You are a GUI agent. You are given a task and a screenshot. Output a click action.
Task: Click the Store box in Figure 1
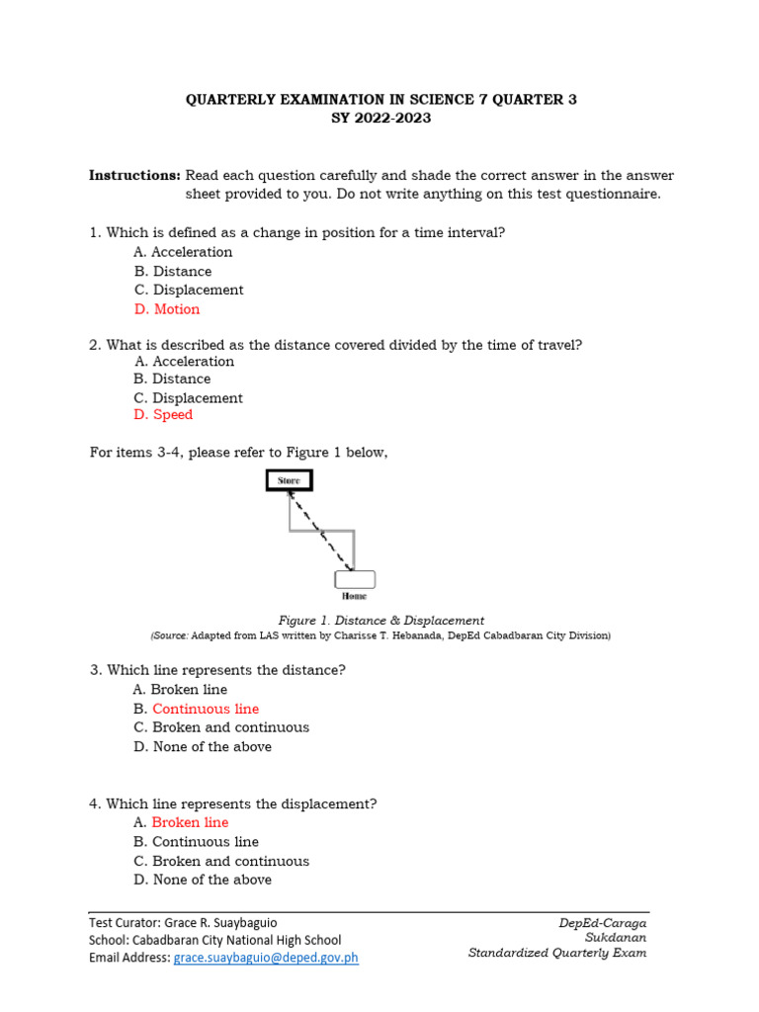point(289,481)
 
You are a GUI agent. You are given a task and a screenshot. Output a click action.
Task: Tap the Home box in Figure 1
point(355,579)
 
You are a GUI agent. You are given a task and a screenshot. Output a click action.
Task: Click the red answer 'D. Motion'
point(166,309)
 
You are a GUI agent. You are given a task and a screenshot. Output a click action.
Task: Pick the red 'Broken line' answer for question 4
point(190,822)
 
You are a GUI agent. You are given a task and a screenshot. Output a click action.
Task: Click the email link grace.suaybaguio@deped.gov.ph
point(266,958)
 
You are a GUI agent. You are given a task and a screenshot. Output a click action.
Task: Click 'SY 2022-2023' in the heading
point(380,119)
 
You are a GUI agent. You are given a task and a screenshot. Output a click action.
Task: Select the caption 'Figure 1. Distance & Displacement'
point(381,621)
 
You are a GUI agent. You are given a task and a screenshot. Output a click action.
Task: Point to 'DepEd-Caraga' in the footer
point(603,923)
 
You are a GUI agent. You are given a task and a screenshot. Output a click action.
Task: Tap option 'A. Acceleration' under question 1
point(183,252)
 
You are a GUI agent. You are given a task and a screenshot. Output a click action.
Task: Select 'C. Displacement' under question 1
point(188,290)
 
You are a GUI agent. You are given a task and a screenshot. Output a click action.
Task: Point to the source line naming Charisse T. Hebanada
point(380,635)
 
